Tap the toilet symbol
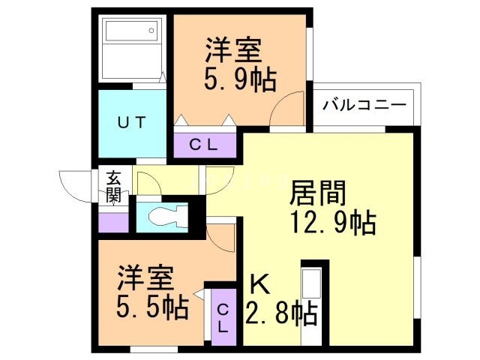pos(165,217)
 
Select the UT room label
pos(130,122)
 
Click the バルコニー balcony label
pos(364,105)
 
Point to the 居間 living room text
pos(318,193)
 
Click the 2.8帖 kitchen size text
pos(282,311)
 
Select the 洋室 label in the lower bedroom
pos(145,278)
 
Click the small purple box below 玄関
pos(112,222)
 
